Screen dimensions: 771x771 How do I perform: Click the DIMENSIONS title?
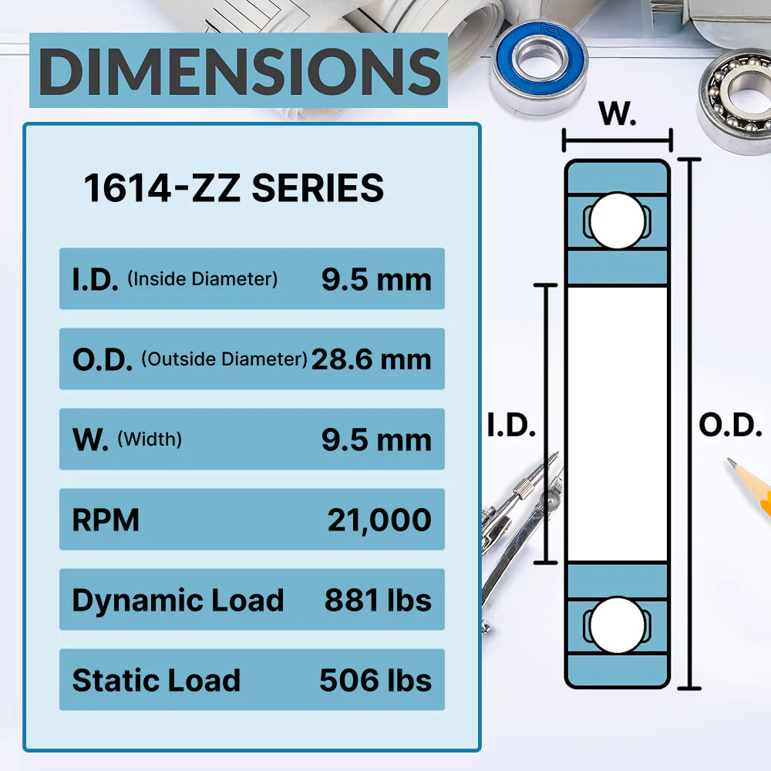coord(239,71)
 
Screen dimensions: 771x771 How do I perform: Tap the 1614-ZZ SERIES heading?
coord(234,189)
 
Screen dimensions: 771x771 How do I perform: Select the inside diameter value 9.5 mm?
coord(376,280)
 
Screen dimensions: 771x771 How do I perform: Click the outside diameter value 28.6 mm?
coord(371,359)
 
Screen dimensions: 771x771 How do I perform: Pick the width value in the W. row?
coord(376,440)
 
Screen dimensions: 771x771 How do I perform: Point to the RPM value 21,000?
coord(379,520)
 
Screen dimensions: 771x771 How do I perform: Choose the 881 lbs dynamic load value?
coord(378,601)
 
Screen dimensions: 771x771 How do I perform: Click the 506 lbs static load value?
coord(375,681)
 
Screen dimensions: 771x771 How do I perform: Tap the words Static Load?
coord(157,681)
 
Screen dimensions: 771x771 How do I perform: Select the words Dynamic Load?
coord(178,601)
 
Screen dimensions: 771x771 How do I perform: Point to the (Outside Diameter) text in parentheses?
coord(224,359)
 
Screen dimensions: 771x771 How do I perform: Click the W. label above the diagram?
coord(618,115)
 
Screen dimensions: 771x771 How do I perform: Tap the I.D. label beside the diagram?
coord(511,425)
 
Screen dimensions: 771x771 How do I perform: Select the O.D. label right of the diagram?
coord(729,425)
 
